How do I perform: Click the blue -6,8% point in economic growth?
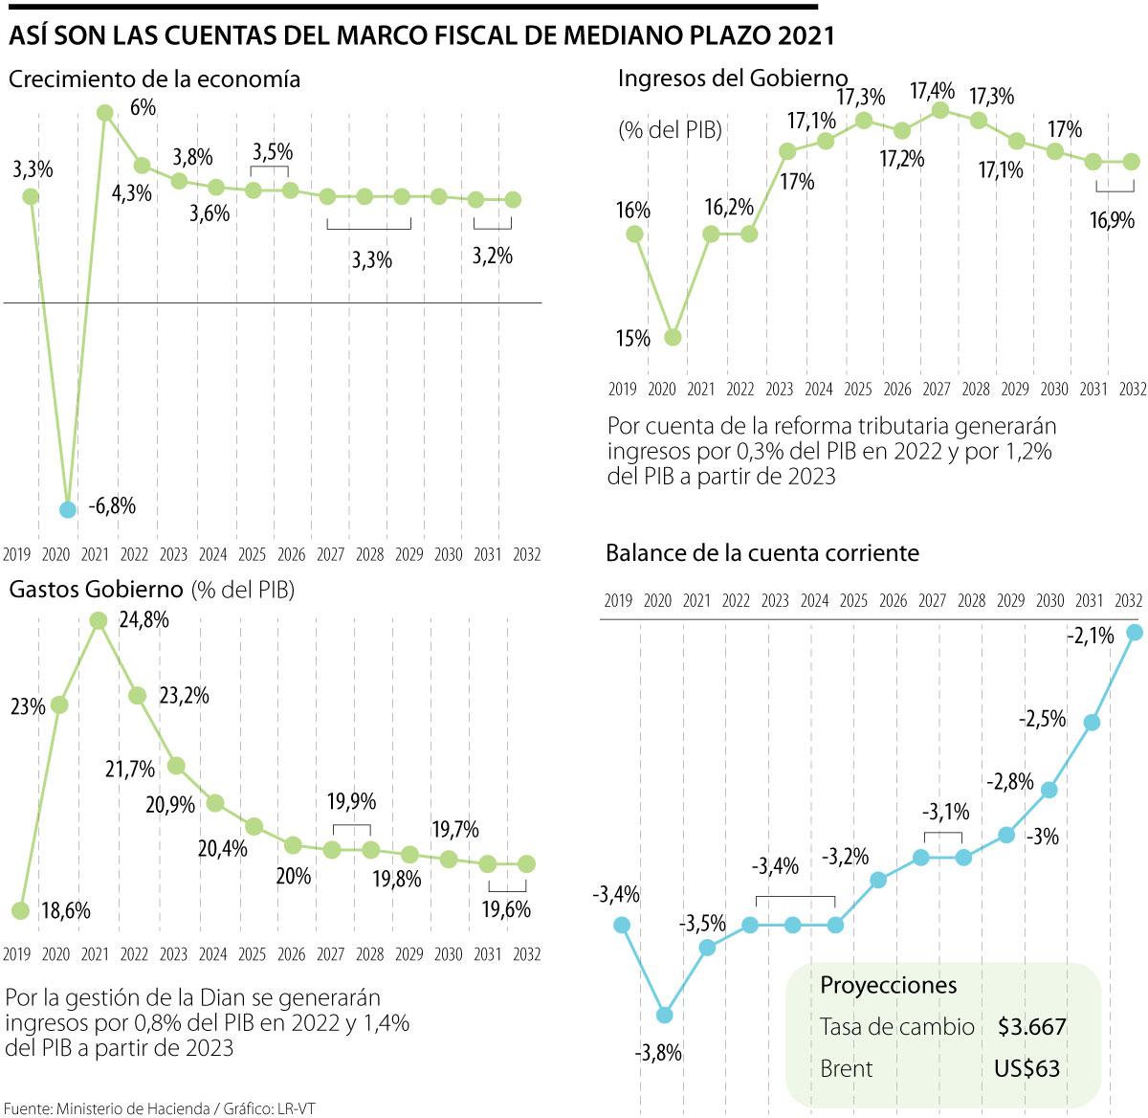tap(67, 509)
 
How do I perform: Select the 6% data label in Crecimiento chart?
tap(143, 107)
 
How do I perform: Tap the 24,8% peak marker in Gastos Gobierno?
tap(98, 620)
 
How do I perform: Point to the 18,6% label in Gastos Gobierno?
tap(66, 910)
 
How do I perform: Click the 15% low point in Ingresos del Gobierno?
tap(673, 337)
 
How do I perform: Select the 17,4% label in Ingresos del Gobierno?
tap(932, 91)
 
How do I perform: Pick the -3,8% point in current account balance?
tap(665, 1015)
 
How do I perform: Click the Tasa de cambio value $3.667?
tap(1031, 1027)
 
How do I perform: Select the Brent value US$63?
tap(1027, 1069)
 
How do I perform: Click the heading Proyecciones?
tap(888, 985)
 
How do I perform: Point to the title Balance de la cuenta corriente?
tap(762, 553)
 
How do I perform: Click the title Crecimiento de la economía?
tap(154, 79)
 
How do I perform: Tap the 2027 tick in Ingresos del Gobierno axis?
tap(937, 390)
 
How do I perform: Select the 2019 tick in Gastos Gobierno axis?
tap(17, 954)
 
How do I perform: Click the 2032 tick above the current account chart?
tap(1129, 601)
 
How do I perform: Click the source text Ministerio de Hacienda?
tap(133, 1108)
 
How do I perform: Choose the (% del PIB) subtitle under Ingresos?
tap(670, 129)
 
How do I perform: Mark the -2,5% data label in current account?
tap(1042, 718)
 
